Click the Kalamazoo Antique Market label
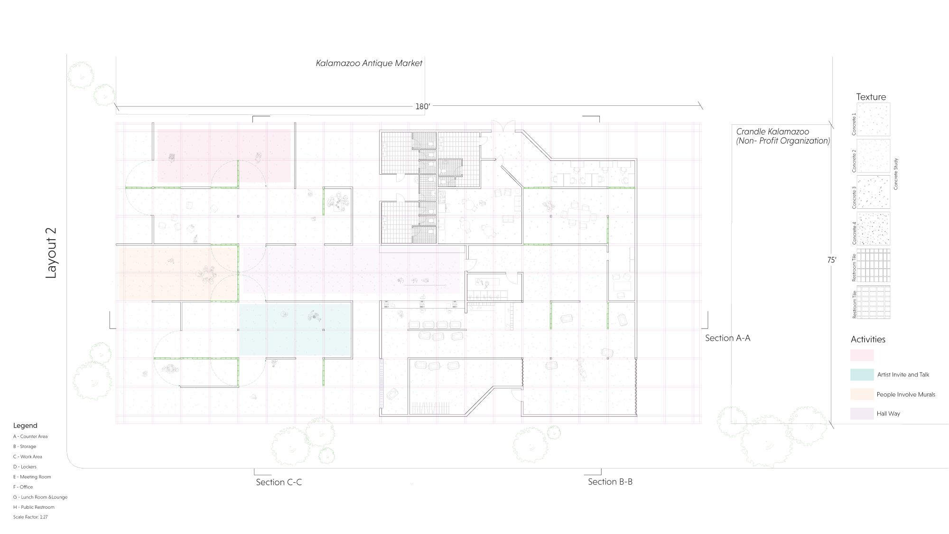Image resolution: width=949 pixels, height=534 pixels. [369, 63]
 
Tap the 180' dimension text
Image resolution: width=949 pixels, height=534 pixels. [422, 106]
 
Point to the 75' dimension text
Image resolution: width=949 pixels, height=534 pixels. [832, 260]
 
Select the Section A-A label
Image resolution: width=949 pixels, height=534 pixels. [727, 338]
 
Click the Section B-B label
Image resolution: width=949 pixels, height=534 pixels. [610, 482]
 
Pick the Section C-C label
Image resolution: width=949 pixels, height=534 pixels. [279, 482]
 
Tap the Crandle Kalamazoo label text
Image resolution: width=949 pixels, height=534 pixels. [773, 131]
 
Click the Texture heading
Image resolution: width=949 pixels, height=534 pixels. [871, 97]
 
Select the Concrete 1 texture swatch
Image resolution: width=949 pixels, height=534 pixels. [874, 120]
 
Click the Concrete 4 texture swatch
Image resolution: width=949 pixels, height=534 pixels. [874, 229]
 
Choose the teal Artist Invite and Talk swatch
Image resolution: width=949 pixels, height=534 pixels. [862, 375]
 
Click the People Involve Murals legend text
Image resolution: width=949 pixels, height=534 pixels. [906, 394]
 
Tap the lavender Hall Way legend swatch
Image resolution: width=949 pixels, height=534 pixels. [862, 413]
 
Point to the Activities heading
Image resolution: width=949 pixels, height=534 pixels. [868, 339]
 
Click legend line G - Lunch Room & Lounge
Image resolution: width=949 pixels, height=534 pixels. [40, 497]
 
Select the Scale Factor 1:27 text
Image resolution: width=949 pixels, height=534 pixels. [30, 517]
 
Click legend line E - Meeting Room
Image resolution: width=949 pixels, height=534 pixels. [32, 477]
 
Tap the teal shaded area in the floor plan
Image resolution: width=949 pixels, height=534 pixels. [295, 330]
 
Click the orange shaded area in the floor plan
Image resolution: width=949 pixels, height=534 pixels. [178, 273]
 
